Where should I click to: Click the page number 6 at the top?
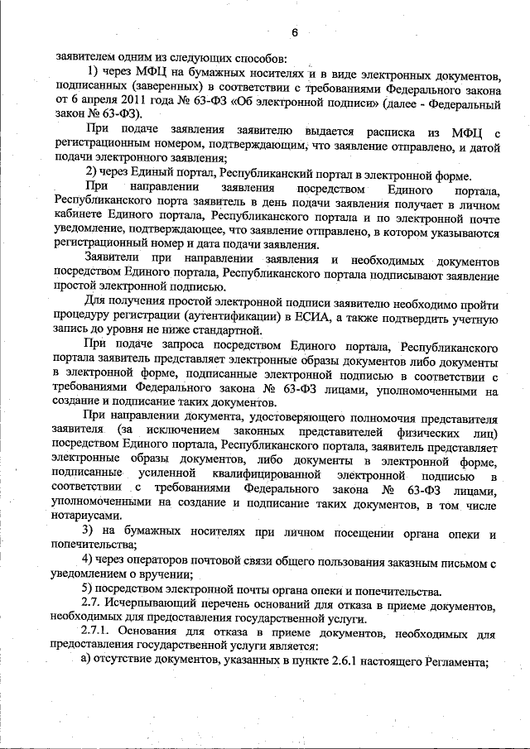coord(293,32)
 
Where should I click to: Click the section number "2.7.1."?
coord(99,634)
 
